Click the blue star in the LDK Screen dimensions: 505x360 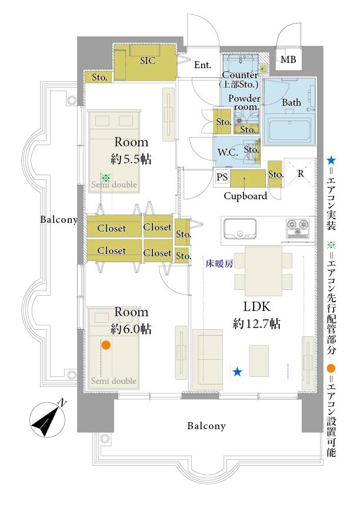(x=237, y=371)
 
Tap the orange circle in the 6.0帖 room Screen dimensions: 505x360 (x=106, y=345)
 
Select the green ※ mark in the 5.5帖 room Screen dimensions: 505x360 (x=106, y=178)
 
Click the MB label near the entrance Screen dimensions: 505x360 (x=288, y=60)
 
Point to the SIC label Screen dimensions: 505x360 (x=147, y=61)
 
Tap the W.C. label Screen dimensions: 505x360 (x=227, y=152)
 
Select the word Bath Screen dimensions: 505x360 (x=291, y=102)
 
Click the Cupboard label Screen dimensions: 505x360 (x=245, y=196)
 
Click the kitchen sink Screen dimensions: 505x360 (x=239, y=228)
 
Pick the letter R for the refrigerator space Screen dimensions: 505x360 (x=301, y=173)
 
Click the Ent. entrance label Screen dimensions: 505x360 (x=202, y=65)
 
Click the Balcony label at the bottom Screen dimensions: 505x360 (x=206, y=426)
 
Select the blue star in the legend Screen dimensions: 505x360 (x=331, y=160)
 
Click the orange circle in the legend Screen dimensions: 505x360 (x=331, y=369)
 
